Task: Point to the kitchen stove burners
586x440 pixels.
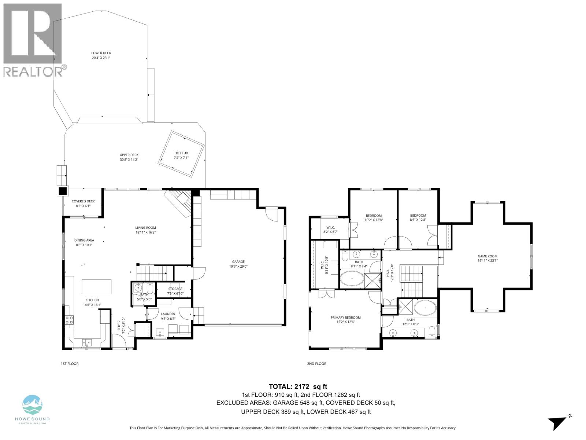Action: pyautogui.click(x=69, y=320)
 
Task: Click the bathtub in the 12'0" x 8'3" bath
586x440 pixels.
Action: pyautogui.click(x=425, y=308)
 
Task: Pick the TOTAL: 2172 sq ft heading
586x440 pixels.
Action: pyautogui.click(x=298, y=386)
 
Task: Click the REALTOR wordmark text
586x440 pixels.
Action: pyautogui.click(x=33, y=71)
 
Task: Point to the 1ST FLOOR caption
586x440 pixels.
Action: pyautogui.click(x=70, y=364)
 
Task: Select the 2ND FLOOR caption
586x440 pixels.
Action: pyautogui.click(x=316, y=364)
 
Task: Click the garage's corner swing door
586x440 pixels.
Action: pyautogui.click(x=272, y=215)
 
